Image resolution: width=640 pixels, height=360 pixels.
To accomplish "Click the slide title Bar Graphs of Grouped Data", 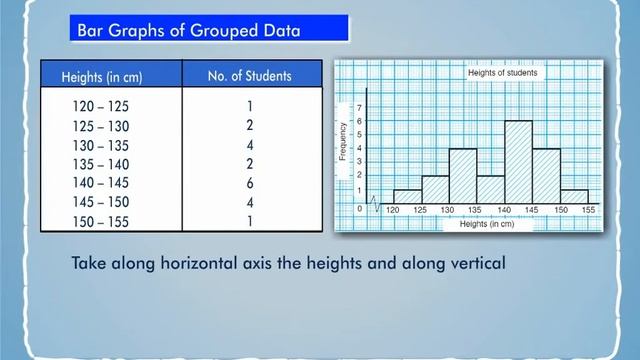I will pyautogui.click(x=188, y=31).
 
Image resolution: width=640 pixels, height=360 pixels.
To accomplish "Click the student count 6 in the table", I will pyautogui.click(x=249, y=183).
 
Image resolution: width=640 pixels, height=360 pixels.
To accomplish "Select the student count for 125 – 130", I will pyautogui.click(x=249, y=125).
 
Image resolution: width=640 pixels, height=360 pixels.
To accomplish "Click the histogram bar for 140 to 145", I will pyautogui.click(x=517, y=162).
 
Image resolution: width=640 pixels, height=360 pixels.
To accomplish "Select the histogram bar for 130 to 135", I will pyautogui.click(x=461, y=176).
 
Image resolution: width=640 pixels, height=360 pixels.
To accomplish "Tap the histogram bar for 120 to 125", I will pyautogui.click(x=406, y=197).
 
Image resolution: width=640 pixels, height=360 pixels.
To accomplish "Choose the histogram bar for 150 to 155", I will pyautogui.click(x=573, y=197).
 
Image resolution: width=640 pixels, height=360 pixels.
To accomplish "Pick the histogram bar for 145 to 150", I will pyautogui.click(x=545, y=176).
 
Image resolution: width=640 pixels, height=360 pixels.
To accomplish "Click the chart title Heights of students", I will pyautogui.click(x=505, y=73).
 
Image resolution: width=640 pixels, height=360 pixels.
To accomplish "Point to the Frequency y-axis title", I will pyautogui.click(x=343, y=142).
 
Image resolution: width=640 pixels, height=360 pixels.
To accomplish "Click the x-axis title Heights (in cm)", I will pyautogui.click(x=487, y=225).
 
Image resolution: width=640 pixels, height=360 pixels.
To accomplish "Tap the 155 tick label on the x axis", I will pyautogui.click(x=587, y=211).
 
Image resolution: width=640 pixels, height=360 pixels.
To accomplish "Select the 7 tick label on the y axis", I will pyautogui.click(x=360, y=106).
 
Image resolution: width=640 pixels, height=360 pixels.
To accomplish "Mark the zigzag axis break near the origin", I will pyautogui.click(x=376, y=204).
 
